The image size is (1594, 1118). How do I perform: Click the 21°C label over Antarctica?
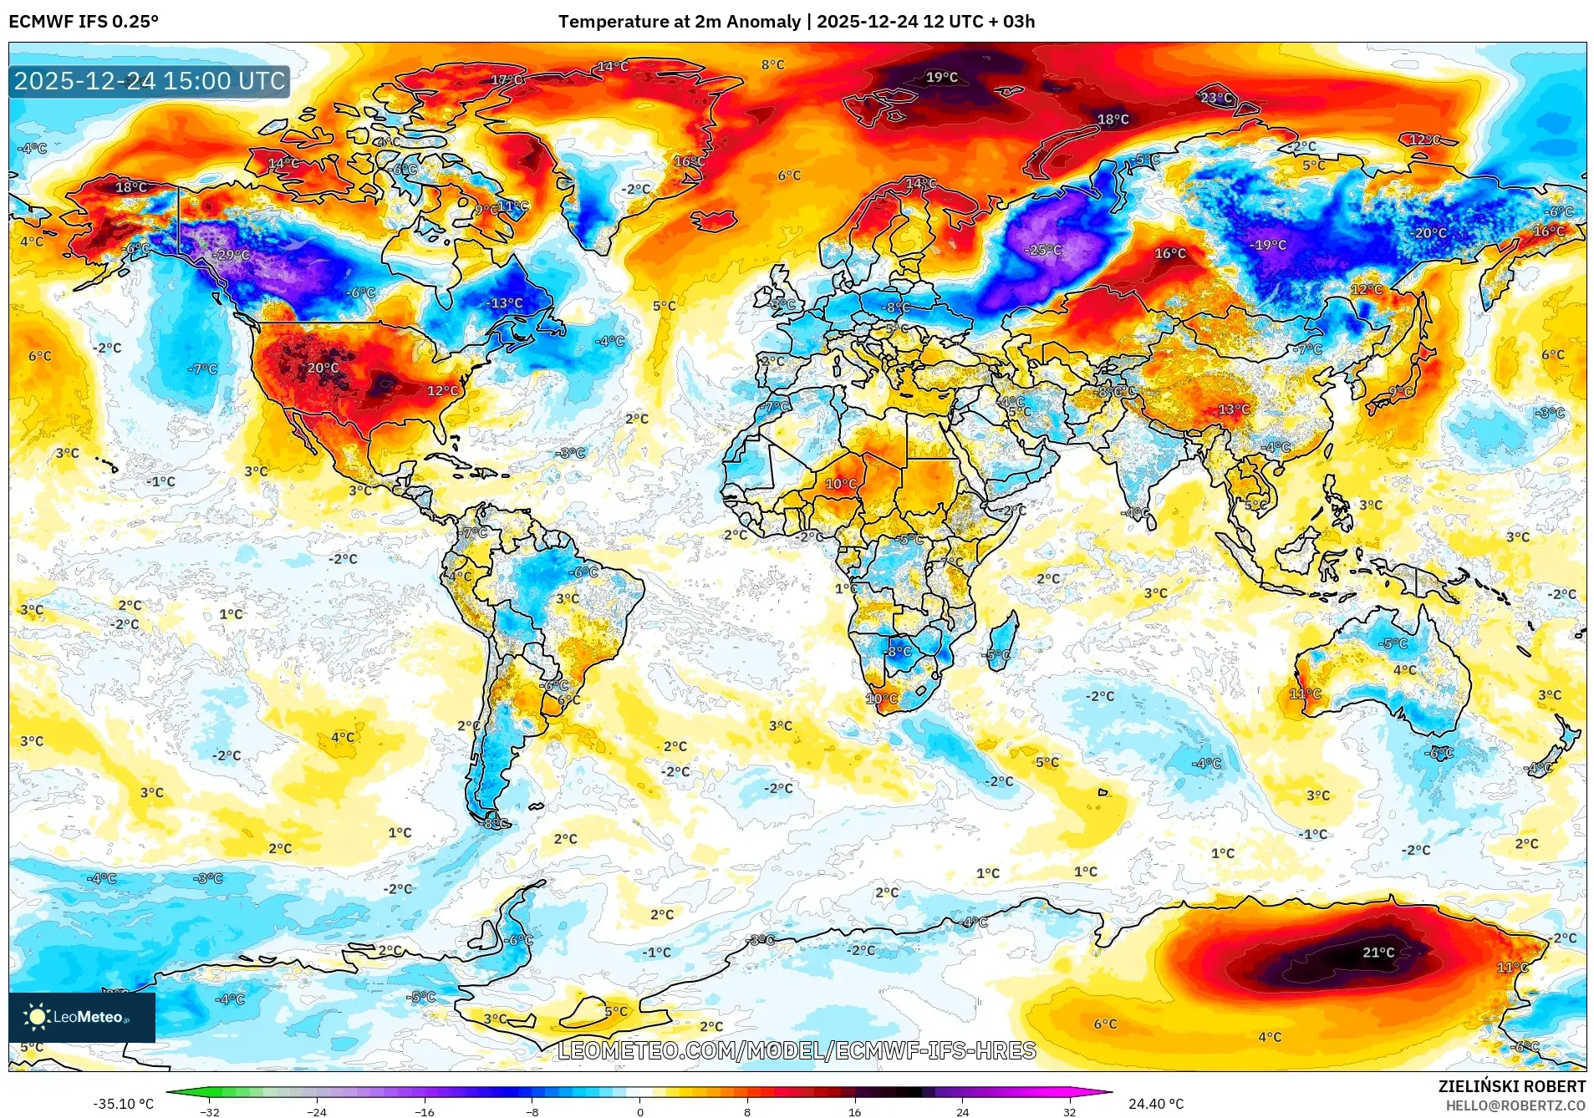(1378, 952)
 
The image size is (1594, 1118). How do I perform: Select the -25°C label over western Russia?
(1044, 250)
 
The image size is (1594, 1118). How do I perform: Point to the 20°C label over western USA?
(323, 368)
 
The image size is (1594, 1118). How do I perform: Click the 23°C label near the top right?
(1215, 98)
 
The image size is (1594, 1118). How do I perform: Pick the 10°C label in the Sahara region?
(841, 484)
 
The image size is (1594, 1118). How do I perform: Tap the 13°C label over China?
(1234, 409)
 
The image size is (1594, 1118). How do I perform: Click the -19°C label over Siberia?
(1268, 245)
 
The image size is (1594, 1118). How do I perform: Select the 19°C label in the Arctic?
(941, 77)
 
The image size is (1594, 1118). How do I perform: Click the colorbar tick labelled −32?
(210, 1111)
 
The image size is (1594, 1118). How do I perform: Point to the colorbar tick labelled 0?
(640, 1111)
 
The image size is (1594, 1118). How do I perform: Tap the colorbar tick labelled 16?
(854, 1111)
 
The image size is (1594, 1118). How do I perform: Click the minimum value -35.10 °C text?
(123, 1104)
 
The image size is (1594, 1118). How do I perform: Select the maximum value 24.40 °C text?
(1156, 1104)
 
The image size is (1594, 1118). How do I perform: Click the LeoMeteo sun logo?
(37, 1017)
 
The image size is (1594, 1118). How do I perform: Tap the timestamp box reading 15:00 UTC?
(150, 81)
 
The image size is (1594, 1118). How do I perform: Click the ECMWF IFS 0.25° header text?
(84, 22)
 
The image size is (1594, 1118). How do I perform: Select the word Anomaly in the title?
(762, 22)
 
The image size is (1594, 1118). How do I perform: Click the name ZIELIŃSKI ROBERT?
(1511, 1086)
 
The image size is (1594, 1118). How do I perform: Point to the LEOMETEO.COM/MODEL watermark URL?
(797, 1050)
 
